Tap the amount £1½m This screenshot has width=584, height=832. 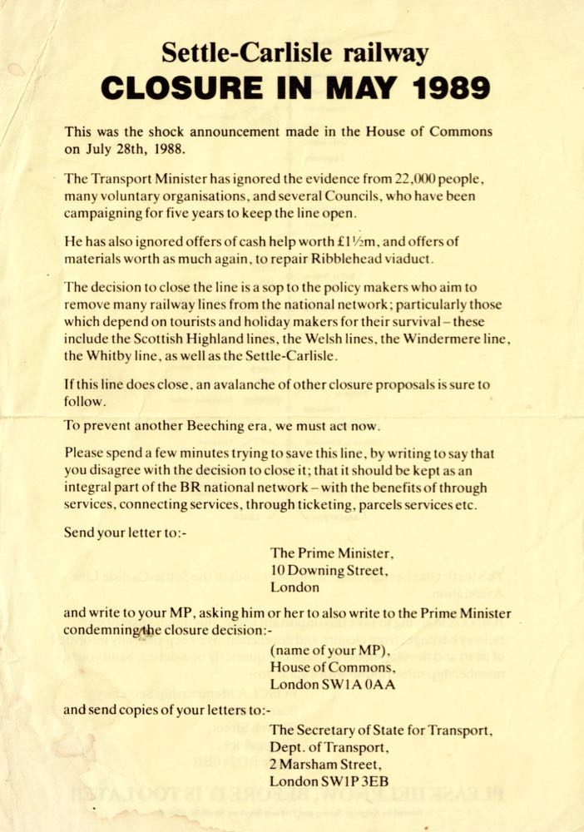tap(374, 241)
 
